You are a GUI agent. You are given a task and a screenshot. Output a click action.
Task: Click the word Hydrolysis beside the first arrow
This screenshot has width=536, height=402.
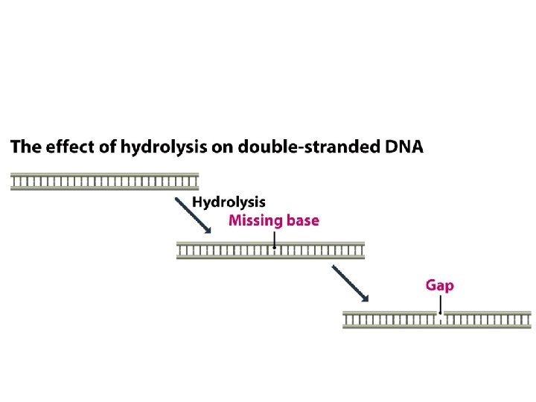pos(229,202)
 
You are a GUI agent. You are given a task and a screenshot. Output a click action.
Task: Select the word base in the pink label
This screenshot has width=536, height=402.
pos(301,220)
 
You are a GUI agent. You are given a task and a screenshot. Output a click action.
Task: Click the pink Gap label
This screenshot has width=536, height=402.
pos(439,285)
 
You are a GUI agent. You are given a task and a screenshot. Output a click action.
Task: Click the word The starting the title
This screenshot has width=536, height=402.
pos(25,147)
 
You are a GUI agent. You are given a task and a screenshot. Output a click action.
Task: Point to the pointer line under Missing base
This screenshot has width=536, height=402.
pos(275,239)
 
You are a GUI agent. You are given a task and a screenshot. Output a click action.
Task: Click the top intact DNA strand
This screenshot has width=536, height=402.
pos(104,181)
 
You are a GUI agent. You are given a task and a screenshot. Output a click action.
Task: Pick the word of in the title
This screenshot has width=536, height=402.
pos(108,147)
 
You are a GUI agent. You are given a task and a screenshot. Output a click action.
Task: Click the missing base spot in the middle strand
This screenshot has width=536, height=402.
pos(275,249)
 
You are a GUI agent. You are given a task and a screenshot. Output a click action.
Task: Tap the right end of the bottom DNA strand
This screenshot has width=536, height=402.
pos(529,320)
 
